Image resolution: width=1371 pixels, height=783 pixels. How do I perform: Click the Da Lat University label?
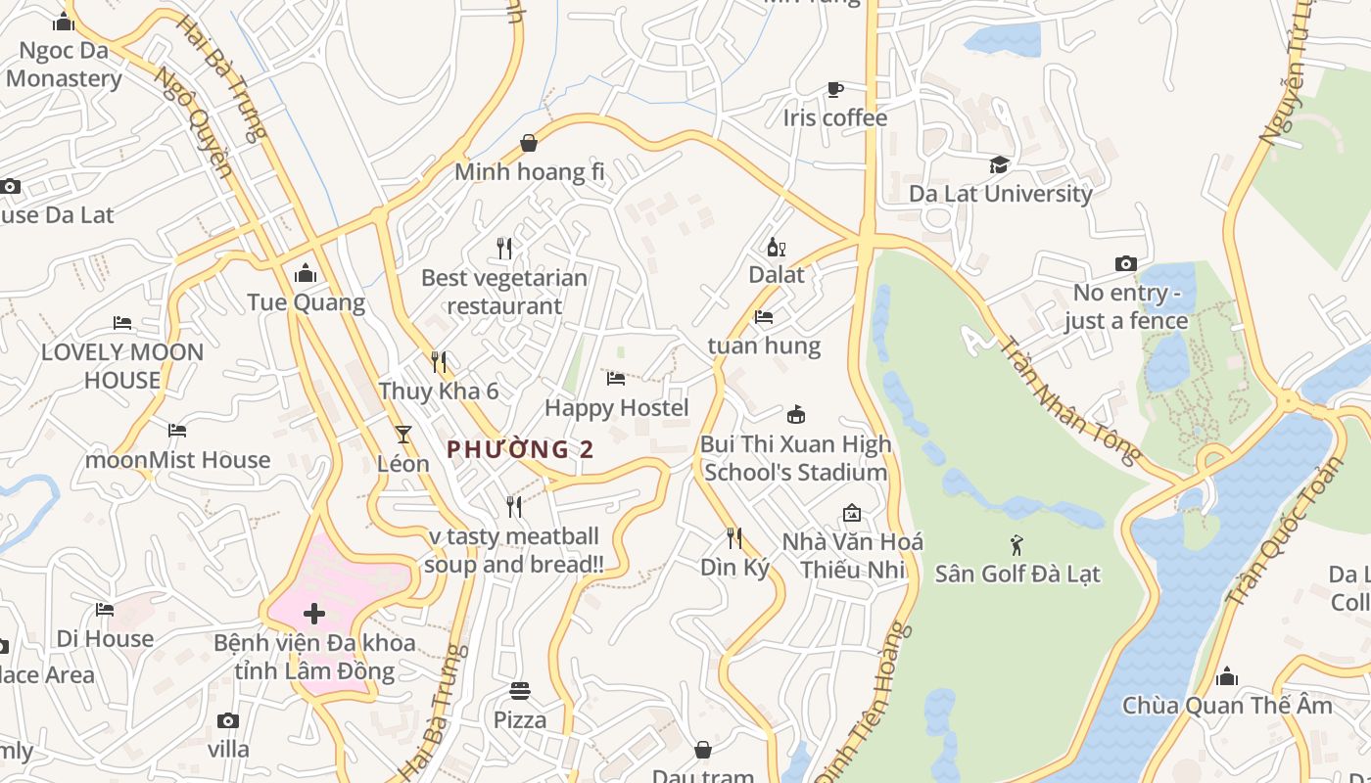coord(1000,194)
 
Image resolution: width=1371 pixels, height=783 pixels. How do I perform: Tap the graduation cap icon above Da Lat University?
coord(999,164)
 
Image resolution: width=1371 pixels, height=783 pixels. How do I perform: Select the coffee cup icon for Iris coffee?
coord(834,90)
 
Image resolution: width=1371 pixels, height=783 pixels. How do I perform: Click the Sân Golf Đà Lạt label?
coord(1017,574)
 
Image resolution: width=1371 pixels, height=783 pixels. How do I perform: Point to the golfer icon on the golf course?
coord(1016,544)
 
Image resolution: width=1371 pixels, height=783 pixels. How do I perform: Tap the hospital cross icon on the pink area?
coord(314,614)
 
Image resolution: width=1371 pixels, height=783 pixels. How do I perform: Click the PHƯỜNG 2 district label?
coord(520,449)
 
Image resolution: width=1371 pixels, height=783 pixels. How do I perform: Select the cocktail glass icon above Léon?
coord(402,434)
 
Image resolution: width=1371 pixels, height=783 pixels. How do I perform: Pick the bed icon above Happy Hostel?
coord(616,379)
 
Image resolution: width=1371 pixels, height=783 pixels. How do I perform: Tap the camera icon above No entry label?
coord(1126,263)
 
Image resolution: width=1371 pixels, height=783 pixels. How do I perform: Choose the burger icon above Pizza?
coord(519,691)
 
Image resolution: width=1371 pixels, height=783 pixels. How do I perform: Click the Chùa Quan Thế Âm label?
coord(1227,706)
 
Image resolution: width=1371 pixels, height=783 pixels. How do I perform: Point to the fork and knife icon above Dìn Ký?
coord(733,537)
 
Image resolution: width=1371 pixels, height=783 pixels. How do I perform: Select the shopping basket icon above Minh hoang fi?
coord(529,144)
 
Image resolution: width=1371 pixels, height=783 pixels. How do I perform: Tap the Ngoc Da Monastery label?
coord(64,65)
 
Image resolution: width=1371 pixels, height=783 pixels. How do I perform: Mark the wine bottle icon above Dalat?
coord(776,247)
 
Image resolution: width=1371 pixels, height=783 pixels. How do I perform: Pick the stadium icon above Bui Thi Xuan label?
coord(796,415)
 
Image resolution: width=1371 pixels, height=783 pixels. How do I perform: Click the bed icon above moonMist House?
coord(177,431)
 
